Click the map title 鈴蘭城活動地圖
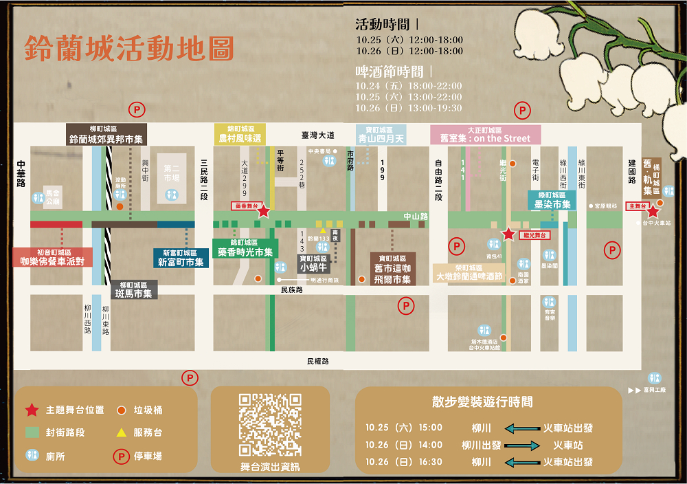tap(129, 48)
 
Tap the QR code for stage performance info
tap(270, 425)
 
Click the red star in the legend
tap(32, 410)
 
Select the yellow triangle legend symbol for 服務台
tap(120, 432)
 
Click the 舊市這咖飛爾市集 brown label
tap(392, 274)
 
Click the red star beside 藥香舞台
tap(263, 211)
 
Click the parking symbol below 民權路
tap(190, 377)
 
